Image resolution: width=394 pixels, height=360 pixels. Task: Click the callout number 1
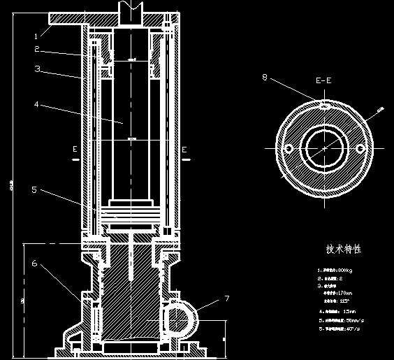36,35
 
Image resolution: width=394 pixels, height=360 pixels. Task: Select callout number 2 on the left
36,50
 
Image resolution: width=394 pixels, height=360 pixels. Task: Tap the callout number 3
37,69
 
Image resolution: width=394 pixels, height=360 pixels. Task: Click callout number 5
34,189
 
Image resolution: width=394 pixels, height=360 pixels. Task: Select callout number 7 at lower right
226,298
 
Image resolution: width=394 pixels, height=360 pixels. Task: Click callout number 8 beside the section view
265,78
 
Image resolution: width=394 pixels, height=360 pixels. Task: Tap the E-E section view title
323,80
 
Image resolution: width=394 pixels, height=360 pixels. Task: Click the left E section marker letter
74,149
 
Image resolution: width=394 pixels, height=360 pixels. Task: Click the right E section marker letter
184,149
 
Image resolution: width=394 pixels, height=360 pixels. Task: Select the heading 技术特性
343,249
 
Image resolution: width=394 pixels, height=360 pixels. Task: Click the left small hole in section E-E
286,147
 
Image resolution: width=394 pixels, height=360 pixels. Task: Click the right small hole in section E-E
360,147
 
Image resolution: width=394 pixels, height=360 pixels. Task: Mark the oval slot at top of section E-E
324,106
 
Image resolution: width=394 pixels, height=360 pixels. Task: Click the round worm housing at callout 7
181,320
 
